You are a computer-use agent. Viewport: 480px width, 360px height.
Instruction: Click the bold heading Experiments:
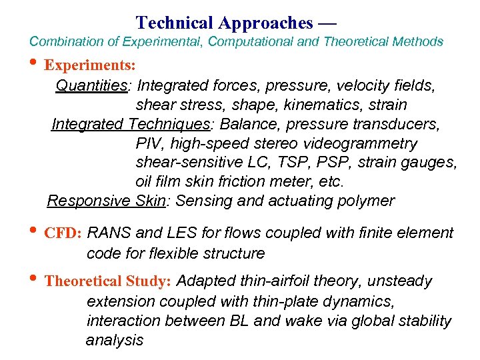[x=91, y=66]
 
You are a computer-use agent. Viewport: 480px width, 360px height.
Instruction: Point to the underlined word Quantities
[x=91, y=86]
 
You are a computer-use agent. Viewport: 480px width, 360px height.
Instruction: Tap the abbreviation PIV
[x=149, y=143]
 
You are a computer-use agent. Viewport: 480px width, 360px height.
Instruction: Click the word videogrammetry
[x=363, y=143]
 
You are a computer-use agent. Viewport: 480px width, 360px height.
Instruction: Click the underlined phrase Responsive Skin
[x=106, y=201]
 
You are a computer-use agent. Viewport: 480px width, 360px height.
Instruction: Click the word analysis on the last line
[x=115, y=340]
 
